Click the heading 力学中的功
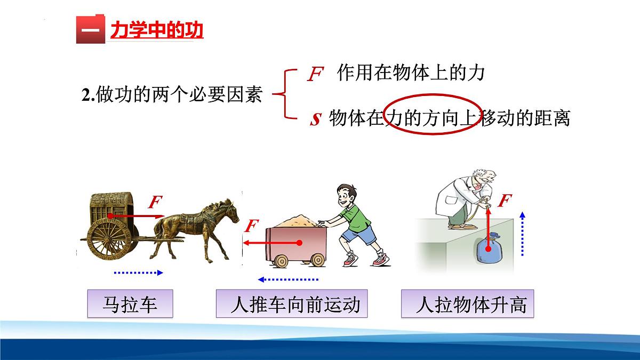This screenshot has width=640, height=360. [x=157, y=30]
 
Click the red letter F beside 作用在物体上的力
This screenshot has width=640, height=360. [x=315, y=75]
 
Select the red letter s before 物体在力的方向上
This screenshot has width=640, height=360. [x=315, y=118]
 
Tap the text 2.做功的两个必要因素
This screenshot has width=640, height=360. [x=172, y=95]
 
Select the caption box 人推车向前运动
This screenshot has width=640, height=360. [x=294, y=305]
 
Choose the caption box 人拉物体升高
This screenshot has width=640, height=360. [x=467, y=305]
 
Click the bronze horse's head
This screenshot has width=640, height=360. [x=230, y=211]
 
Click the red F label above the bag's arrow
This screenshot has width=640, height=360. [x=505, y=201]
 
